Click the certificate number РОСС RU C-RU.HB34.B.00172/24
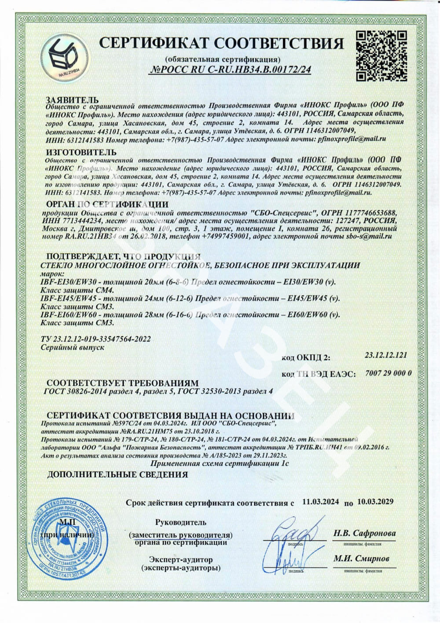231,69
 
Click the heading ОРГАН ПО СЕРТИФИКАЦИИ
107,204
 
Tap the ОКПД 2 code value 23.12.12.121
386,354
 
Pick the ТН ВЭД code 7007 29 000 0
388,373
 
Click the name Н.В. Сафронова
364,533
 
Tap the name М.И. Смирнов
361,558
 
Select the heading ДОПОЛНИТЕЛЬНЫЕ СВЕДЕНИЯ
117,475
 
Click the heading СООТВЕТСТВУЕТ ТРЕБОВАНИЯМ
123,383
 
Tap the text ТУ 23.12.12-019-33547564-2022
95,339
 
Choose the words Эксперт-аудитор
181,560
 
